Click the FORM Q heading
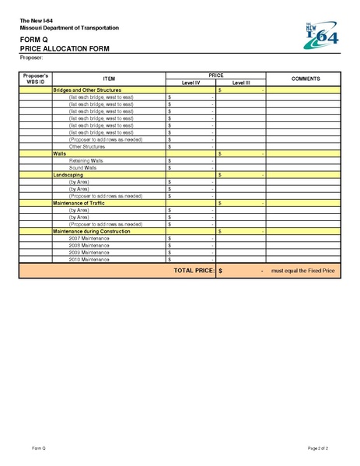point(35,39)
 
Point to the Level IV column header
point(191,82)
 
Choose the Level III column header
point(241,82)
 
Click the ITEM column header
point(108,79)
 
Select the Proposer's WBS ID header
point(36,79)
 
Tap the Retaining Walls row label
point(86,161)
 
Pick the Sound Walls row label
point(82,167)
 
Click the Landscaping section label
point(68,175)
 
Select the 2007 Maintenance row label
point(89,238)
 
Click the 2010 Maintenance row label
point(89,259)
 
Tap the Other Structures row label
point(86,146)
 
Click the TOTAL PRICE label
point(194,270)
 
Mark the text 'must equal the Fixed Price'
point(303,271)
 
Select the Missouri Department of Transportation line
point(69,28)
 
